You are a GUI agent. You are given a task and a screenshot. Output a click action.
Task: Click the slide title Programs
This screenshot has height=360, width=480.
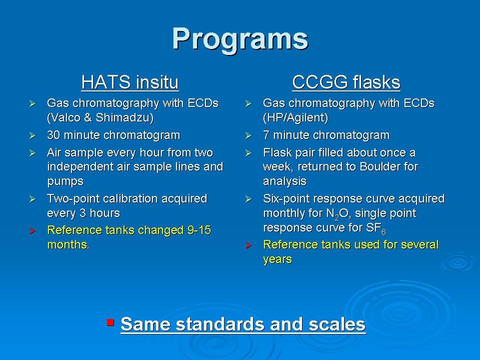coord(240,40)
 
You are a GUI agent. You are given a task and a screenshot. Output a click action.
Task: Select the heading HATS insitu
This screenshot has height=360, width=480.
coord(130,82)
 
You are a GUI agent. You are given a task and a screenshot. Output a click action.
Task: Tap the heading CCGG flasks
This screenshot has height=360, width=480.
coord(346,82)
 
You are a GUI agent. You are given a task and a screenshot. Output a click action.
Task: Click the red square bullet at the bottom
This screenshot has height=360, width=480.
coord(110,322)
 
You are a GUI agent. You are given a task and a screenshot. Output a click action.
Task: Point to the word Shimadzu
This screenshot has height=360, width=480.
coord(124,118)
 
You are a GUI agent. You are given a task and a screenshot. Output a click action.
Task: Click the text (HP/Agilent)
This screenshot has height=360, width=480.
coord(295,118)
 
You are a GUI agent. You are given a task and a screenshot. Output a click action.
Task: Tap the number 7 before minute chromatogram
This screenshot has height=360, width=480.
coord(266,135)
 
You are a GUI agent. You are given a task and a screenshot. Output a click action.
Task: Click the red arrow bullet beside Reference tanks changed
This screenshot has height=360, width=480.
coord(32,230)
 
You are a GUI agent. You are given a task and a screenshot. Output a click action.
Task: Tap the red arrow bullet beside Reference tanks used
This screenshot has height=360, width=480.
coord(248,245)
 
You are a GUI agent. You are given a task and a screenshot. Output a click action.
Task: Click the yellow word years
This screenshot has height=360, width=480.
coord(277,259)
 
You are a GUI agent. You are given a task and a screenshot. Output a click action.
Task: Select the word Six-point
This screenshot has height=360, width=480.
coord(288,199)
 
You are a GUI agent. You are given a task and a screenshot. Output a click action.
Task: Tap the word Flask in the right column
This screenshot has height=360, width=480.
coord(277,152)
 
